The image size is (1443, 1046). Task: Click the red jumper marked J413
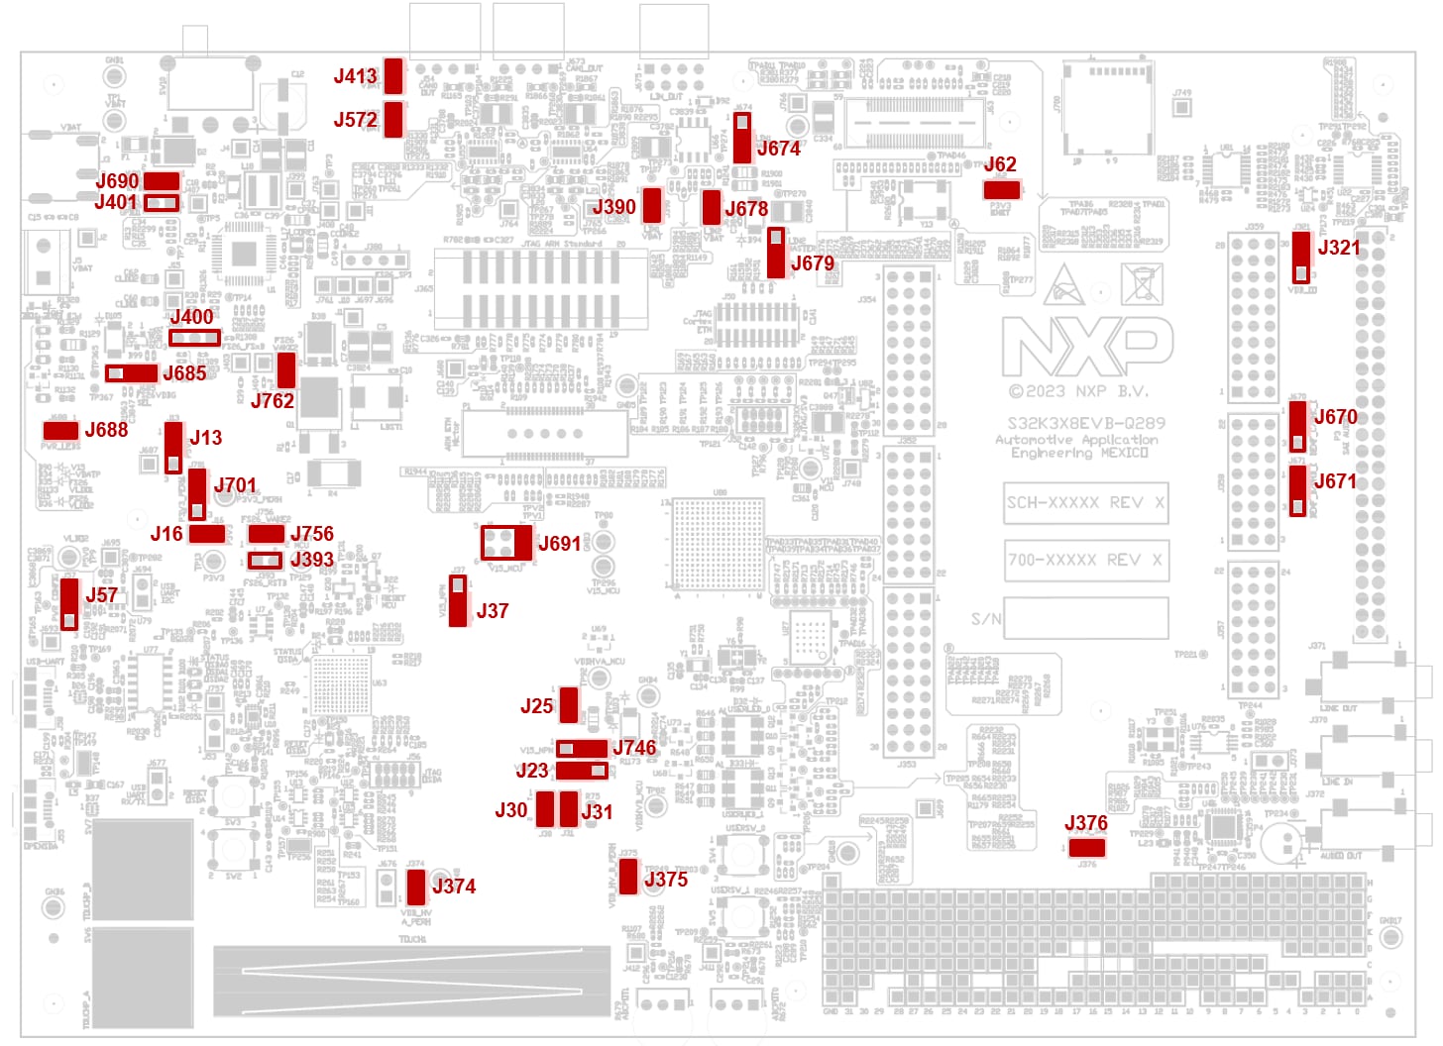[393, 75]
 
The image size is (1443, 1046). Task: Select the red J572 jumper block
[393, 119]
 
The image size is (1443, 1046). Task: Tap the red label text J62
[1000, 164]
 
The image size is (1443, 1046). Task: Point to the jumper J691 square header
[505, 543]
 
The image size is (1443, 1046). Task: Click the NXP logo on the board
[1087, 347]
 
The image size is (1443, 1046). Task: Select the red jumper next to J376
[1086, 847]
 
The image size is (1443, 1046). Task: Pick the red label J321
[1338, 248]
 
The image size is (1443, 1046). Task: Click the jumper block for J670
[1297, 426]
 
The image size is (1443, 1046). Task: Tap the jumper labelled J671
[1297, 490]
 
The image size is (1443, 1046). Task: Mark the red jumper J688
[60, 430]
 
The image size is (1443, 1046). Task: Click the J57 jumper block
[69, 603]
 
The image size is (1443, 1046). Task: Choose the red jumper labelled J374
[416, 887]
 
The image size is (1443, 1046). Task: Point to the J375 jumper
[628, 876]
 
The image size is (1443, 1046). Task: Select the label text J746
[634, 747]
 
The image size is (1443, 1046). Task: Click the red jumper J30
[545, 809]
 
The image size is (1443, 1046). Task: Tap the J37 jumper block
[458, 600]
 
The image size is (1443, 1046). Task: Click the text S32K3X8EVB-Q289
[1085, 423]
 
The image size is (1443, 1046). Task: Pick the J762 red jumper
[286, 369]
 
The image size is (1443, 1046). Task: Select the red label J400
[191, 317]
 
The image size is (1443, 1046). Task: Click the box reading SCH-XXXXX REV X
[1085, 502]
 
